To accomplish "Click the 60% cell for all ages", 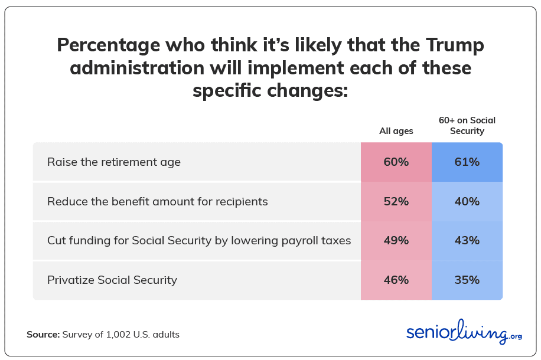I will tap(396, 162).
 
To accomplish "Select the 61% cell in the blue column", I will tap(467, 162).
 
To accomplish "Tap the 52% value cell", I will tap(396, 201).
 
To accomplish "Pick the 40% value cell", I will tap(467, 201).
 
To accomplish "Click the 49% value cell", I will tap(396, 240).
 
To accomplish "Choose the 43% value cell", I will tap(467, 240).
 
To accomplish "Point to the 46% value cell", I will tap(396, 280).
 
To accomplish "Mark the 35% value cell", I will tap(467, 280).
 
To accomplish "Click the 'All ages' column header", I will tap(396, 131).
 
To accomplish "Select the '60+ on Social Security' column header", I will tap(467, 125).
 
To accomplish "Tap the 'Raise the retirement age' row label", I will tap(114, 162).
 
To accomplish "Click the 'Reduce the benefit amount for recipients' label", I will tap(158, 201).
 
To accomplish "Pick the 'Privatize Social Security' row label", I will tap(112, 280).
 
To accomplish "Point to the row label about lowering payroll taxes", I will tap(199, 240).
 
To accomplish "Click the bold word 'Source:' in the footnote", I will tap(43, 334).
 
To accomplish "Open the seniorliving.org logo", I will tap(464, 332).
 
